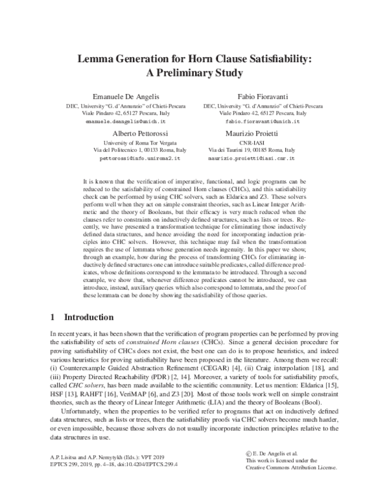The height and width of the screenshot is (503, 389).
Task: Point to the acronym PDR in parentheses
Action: pos(150,377)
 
